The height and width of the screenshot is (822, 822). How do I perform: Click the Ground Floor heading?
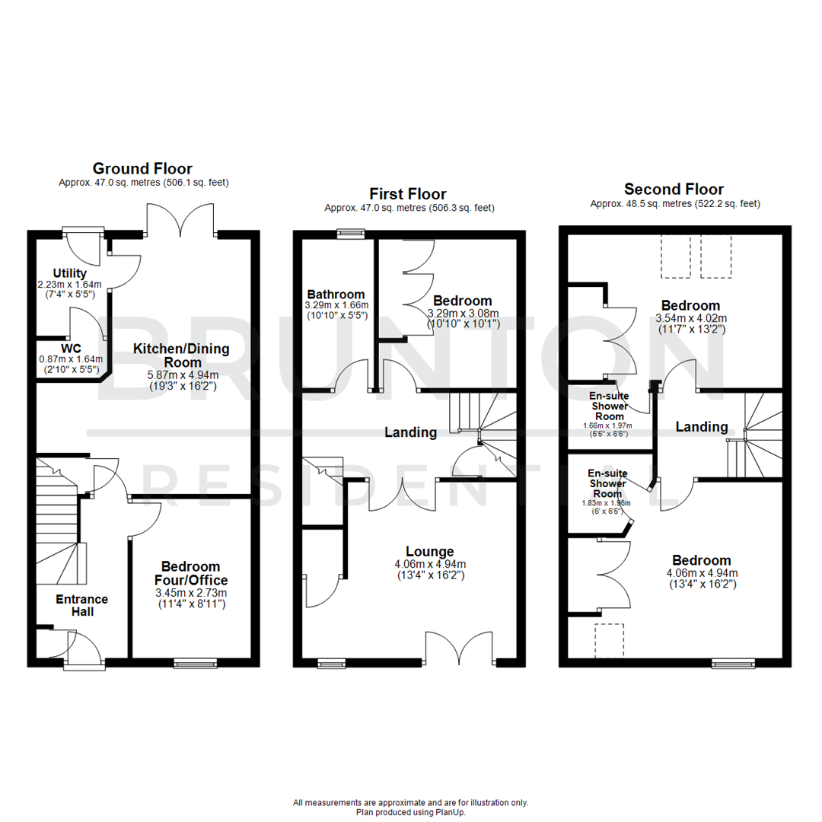[142, 168]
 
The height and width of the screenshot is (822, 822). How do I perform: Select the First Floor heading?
[408, 193]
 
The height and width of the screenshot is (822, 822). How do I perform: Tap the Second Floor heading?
[674, 189]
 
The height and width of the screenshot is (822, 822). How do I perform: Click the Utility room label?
[70, 273]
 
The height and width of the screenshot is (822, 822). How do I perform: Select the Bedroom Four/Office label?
[190, 573]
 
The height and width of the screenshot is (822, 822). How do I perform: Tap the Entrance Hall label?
[81, 605]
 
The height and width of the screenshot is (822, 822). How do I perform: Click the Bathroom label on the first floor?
[336, 294]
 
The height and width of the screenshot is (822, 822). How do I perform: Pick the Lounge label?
[429, 552]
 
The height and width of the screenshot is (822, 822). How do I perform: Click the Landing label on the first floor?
[410, 432]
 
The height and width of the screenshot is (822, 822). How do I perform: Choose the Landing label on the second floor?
[701, 427]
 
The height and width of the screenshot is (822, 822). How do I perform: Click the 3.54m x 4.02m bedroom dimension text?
[691, 318]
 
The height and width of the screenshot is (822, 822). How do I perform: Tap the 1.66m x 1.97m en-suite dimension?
[607, 425]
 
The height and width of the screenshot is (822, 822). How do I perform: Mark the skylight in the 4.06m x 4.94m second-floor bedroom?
[609, 640]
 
